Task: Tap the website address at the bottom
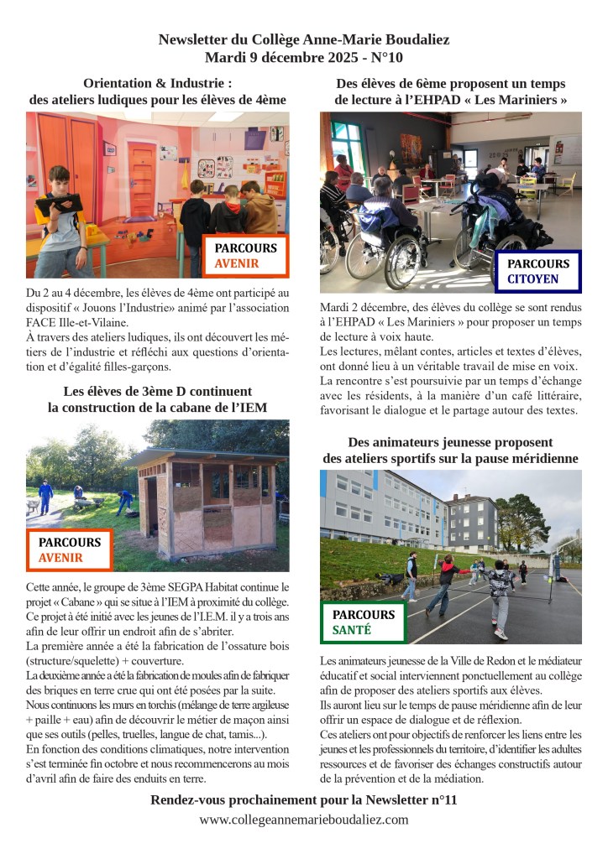click(304, 820)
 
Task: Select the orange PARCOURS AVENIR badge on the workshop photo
click(245, 256)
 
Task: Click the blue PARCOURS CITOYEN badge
click(537, 271)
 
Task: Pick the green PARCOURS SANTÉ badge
click(363, 622)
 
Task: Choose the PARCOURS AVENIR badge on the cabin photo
click(69, 549)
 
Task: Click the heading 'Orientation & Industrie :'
click(157, 83)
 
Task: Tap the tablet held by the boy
click(58, 203)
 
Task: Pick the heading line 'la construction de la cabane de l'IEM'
click(157, 408)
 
